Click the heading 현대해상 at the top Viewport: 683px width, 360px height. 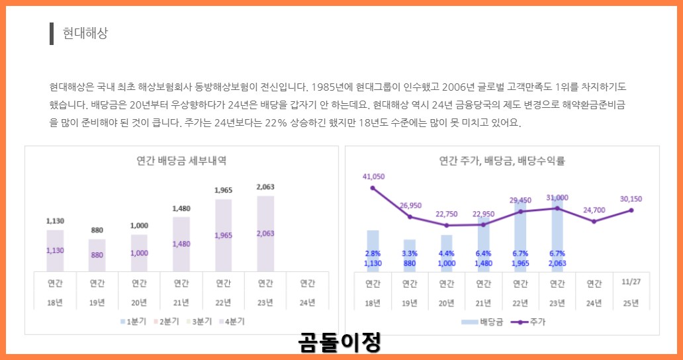tap(85, 33)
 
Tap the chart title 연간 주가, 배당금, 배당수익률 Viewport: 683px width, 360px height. tap(502, 160)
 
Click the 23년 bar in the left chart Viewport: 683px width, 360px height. tap(265, 233)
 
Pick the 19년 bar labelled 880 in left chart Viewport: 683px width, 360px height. tap(97, 255)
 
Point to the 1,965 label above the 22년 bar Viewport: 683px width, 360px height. tap(224, 191)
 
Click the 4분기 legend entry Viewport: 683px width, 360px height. tap(234, 322)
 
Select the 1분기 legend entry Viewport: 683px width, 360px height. tap(134, 322)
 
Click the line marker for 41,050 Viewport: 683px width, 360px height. tap(373, 188)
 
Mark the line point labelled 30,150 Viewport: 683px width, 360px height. tap(631, 210)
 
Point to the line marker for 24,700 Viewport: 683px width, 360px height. tap(594, 222)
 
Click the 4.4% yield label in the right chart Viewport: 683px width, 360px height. tap(447, 253)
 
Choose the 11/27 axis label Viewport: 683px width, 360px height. tap(631, 282)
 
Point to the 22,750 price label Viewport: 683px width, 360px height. tap(447, 214)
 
